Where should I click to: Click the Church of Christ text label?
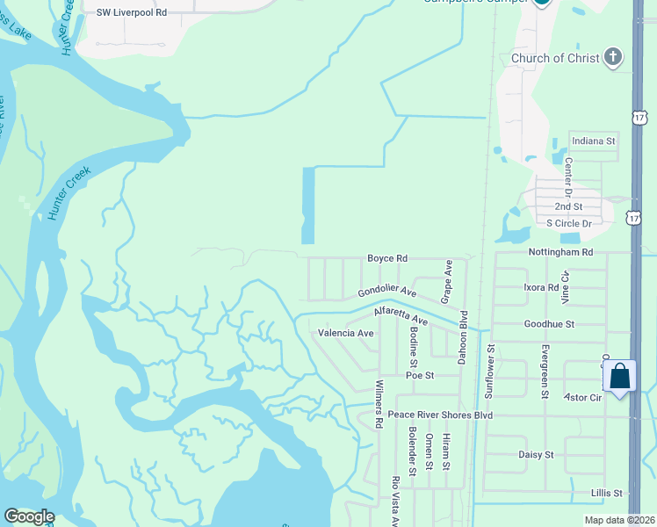(x=555, y=59)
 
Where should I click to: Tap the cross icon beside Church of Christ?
(x=614, y=58)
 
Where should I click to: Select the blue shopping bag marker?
(x=620, y=376)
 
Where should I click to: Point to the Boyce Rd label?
(x=387, y=259)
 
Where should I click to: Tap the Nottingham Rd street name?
(x=560, y=252)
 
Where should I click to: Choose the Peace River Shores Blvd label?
(x=440, y=415)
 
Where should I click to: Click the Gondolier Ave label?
(x=387, y=291)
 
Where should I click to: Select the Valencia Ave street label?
(x=346, y=333)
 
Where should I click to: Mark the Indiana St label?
(x=593, y=141)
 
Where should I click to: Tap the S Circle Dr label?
(x=570, y=223)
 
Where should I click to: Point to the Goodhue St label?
(x=548, y=324)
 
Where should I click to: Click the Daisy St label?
(x=536, y=455)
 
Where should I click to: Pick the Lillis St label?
(x=606, y=494)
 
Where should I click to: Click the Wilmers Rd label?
(x=379, y=404)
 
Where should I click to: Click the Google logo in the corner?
(x=29, y=516)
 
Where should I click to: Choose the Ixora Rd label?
(x=541, y=287)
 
